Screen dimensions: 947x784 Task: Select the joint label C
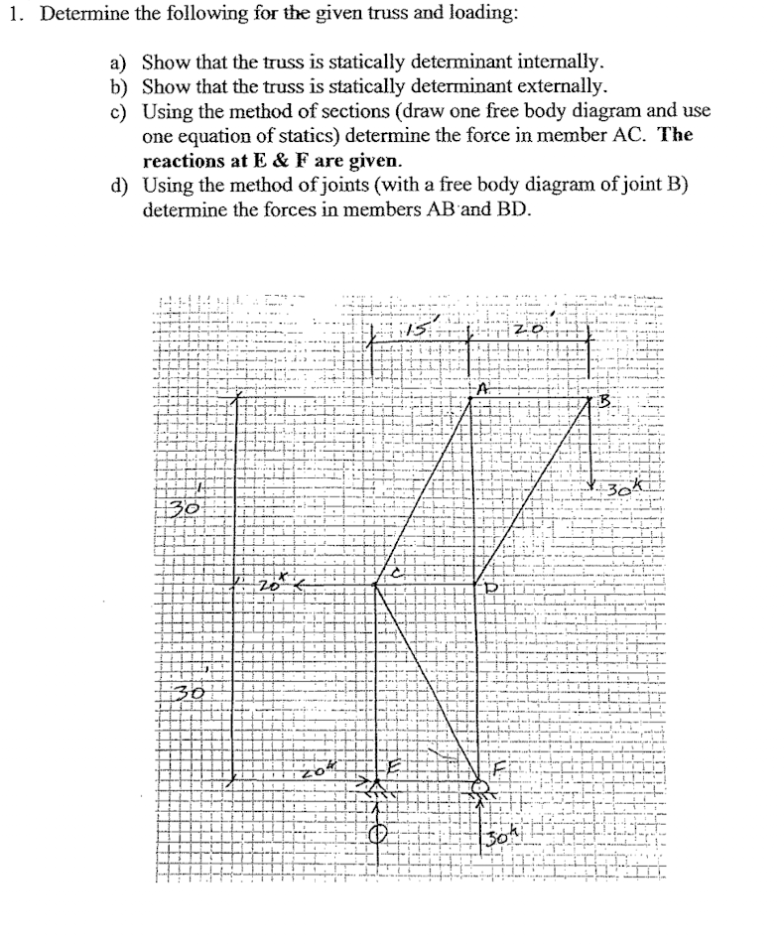399,573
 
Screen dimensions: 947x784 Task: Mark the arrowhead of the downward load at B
591,483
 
